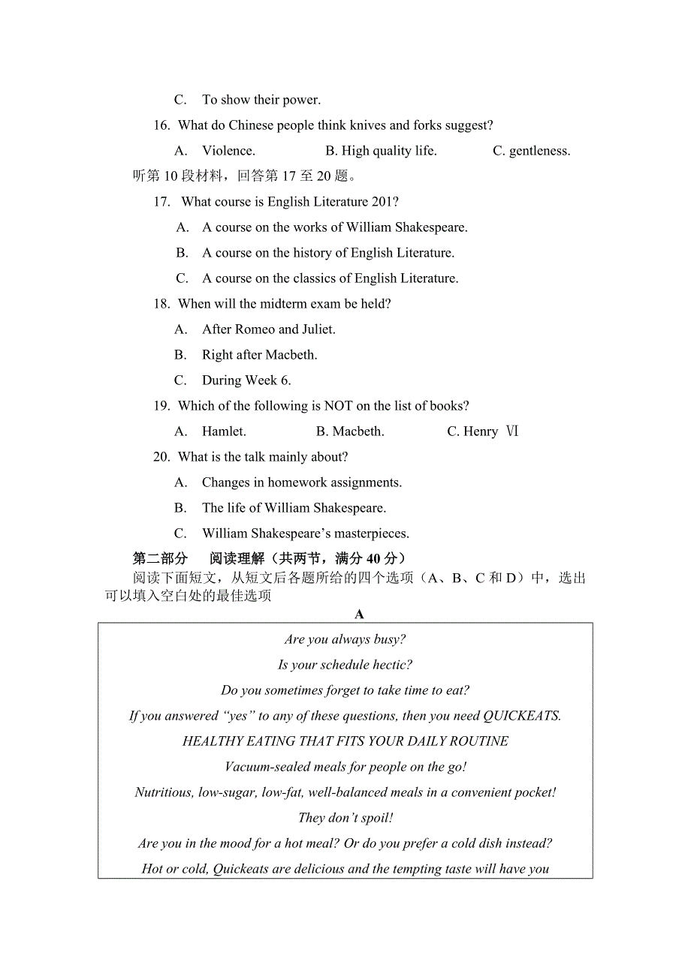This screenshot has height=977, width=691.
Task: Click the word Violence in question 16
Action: [x=228, y=151]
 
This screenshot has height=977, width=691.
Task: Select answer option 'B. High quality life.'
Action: [x=381, y=151]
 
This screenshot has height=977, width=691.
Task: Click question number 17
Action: [x=161, y=202]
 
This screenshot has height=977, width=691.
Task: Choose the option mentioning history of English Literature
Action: [x=327, y=253]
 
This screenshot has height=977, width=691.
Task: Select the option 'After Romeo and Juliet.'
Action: [x=268, y=329]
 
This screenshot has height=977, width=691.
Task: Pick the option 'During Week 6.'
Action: [x=246, y=380]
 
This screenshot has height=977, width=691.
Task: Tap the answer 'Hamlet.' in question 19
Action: [x=224, y=431]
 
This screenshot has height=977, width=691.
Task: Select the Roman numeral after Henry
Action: [x=511, y=431]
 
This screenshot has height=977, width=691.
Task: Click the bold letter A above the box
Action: [x=359, y=615]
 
